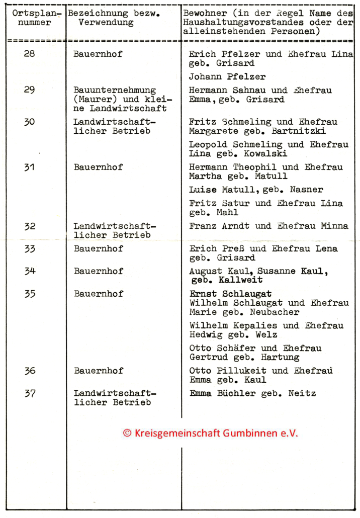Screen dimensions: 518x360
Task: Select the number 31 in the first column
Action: pos(30,167)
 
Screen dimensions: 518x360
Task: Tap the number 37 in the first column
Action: pos(30,393)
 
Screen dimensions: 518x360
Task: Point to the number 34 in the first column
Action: pos(30,271)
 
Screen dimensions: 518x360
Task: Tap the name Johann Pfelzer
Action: pos(227,77)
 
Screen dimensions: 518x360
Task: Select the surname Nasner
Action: pos(306,190)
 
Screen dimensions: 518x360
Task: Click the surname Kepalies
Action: pos(249,325)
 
